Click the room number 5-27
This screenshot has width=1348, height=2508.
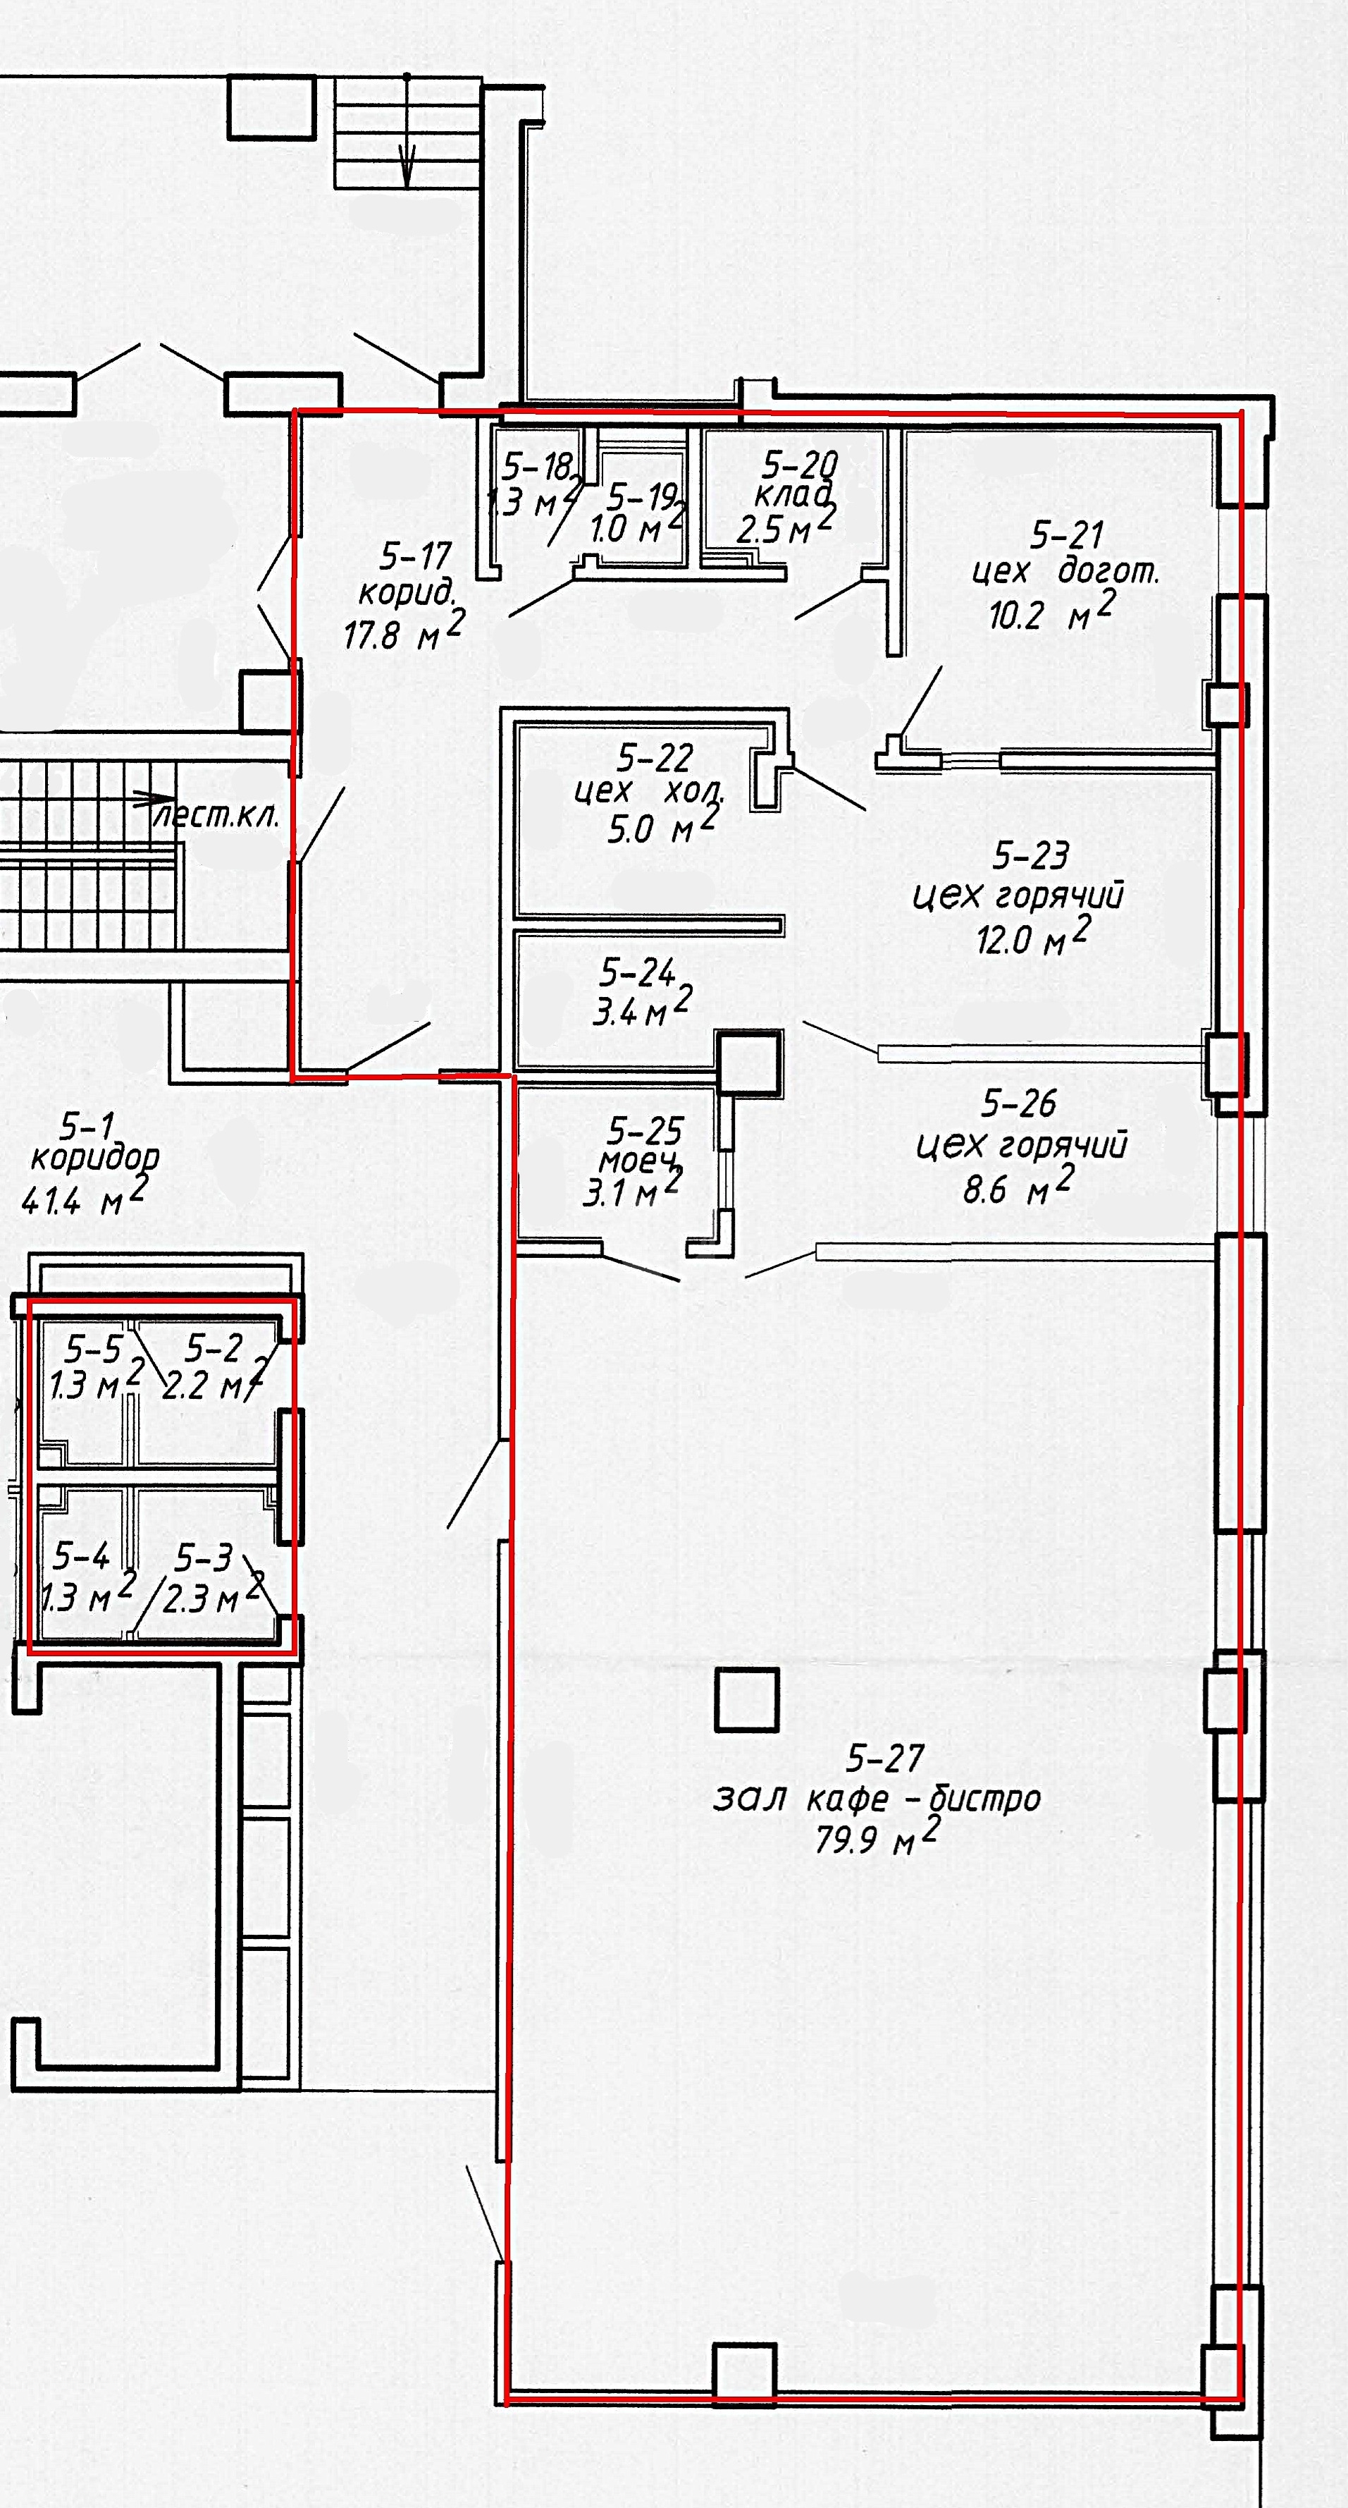(885, 1758)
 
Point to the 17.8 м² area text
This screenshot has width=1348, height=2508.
(404, 631)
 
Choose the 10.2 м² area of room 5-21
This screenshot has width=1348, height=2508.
(1052, 611)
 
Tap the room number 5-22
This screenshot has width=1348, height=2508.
(655, 757)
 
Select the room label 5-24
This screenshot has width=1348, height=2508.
(638, 972)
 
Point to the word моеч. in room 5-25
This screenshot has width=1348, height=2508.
(638, 1161)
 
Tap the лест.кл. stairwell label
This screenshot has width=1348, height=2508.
(216, 815)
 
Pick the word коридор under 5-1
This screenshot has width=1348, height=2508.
(94, 1158)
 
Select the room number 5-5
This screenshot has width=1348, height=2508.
(94, 1350)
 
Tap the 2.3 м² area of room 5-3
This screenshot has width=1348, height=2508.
(213, 1597)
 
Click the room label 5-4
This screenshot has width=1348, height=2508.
(81, 1556)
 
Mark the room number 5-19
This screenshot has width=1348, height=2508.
(643, 498)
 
